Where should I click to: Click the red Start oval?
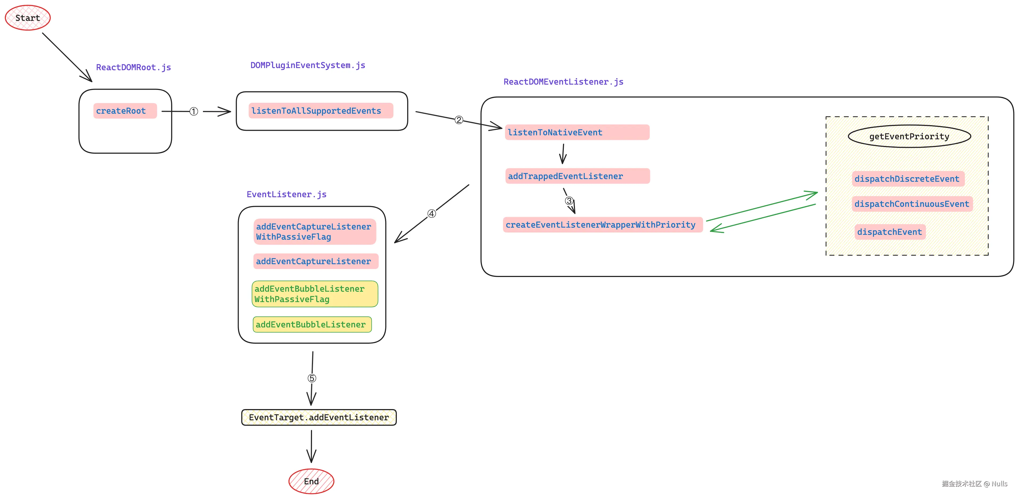[28, 18]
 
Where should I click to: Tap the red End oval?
[311, 481]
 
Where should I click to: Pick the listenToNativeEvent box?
[577, 132]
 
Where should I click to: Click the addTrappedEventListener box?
[577, 176]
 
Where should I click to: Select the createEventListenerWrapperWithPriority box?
[602, 225]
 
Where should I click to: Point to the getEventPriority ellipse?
[909, 137]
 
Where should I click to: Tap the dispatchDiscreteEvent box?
[908, 179]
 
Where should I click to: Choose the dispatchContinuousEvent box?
[912, 204]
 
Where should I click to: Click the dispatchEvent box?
[890, 232]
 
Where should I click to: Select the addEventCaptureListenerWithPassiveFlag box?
[314, 232]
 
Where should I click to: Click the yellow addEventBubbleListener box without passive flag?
[312, 324]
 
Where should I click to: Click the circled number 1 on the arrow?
[193, 112]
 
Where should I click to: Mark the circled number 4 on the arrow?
[431, 214]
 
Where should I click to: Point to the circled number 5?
[312, 378]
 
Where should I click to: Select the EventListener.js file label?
[286, 194]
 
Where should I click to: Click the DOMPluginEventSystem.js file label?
[308, 65]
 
